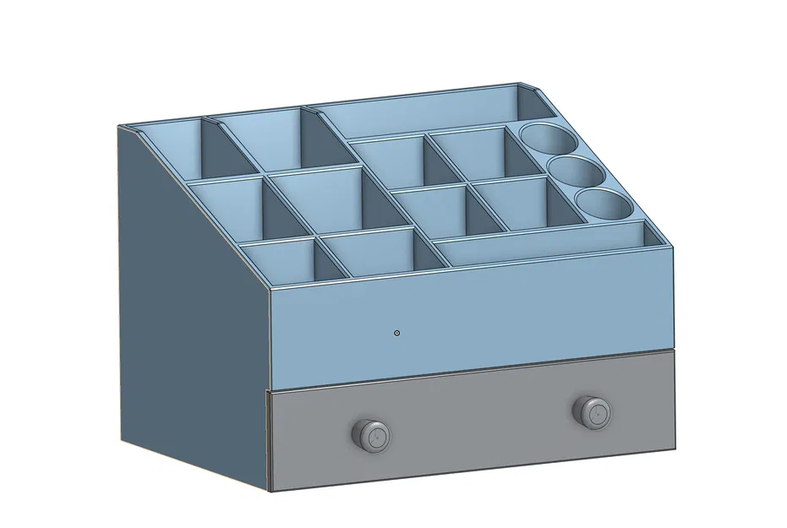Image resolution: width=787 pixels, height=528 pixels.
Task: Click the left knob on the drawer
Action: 370,435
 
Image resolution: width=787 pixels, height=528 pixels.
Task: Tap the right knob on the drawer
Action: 591,411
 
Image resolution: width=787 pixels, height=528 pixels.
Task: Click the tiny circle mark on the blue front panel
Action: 397,333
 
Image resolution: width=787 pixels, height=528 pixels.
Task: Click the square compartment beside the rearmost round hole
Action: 469,152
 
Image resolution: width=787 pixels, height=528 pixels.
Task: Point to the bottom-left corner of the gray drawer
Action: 270,490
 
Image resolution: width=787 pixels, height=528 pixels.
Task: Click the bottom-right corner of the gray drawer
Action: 675,445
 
